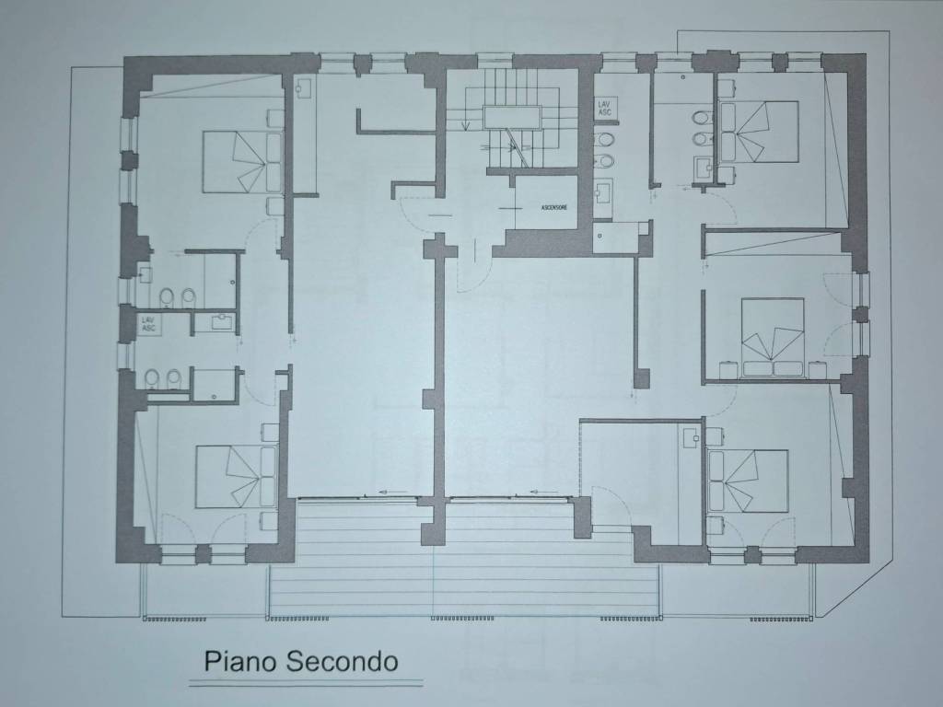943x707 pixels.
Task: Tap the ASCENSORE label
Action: tap(553, 207)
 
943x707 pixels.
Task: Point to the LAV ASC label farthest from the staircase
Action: tap(148, 323)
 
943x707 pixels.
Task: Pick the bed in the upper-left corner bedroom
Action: tap(241, 162)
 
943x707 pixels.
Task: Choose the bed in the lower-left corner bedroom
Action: tap(236, 476)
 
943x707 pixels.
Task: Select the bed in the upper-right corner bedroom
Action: tap(758, 132)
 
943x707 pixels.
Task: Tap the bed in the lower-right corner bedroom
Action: tap(747, 480)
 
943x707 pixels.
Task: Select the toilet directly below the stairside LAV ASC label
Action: tap(606, 140)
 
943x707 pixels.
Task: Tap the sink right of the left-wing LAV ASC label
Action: tap(222, 322)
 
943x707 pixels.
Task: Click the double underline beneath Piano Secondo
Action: tap(305, 684)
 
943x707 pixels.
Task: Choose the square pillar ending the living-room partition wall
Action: tap(641, 378)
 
